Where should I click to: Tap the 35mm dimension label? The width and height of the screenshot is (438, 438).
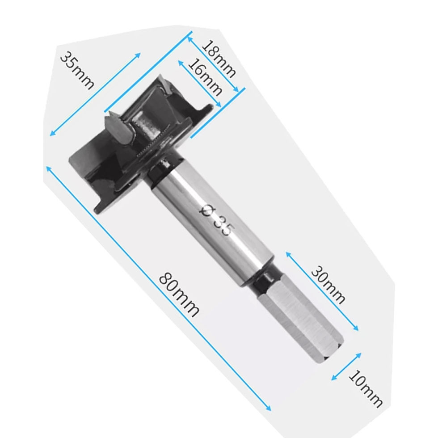point(77,70)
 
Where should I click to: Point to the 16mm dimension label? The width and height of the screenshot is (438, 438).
point(205,77)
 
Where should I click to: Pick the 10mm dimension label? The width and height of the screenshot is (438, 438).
point(366,389)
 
